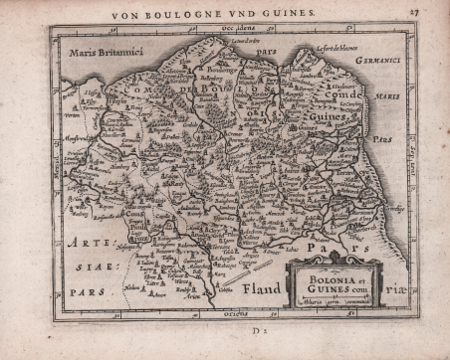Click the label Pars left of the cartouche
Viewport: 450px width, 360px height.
322,244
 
